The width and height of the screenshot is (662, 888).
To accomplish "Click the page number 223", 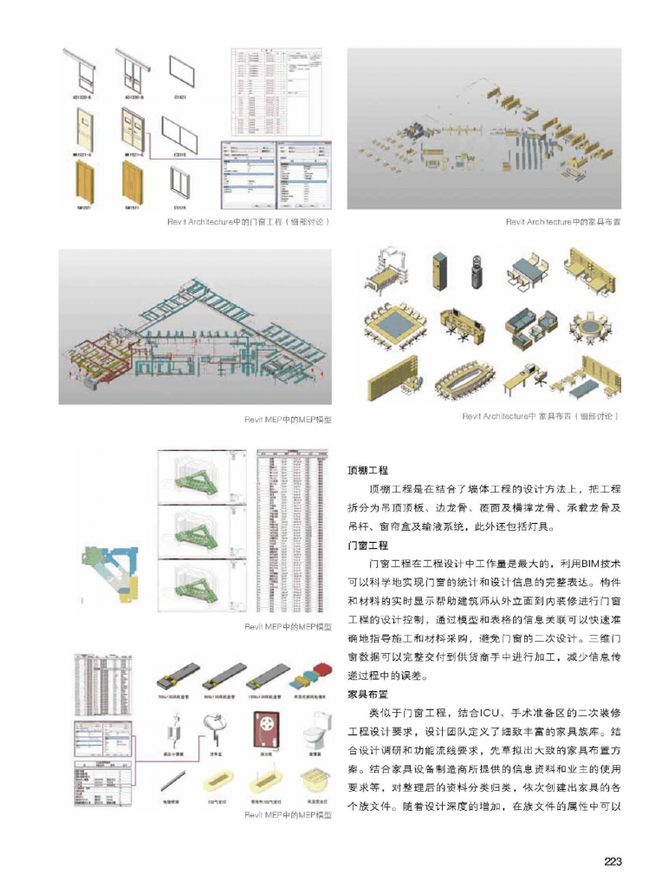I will click(x=613, y=861).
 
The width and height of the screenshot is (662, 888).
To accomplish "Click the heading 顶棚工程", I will click(x=367, y=470).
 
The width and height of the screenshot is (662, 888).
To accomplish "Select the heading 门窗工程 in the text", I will click(x=367, y=546).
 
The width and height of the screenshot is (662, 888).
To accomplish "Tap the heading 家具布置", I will click(x=367, y=694).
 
